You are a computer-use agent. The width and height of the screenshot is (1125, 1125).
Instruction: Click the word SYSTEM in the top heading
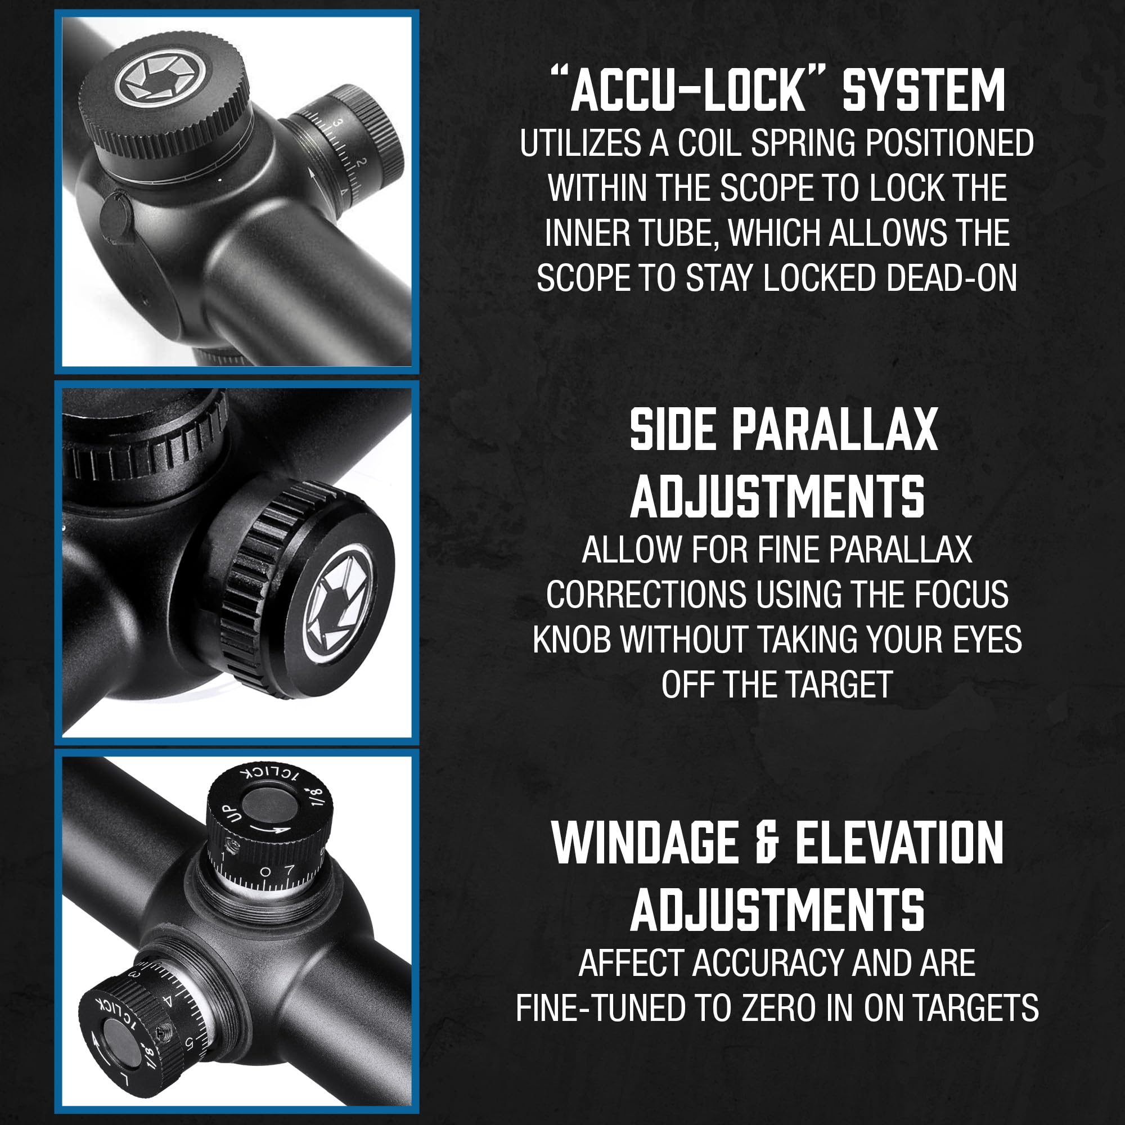coord(924,90)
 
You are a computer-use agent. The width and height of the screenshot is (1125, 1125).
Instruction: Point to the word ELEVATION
coord(899,843)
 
